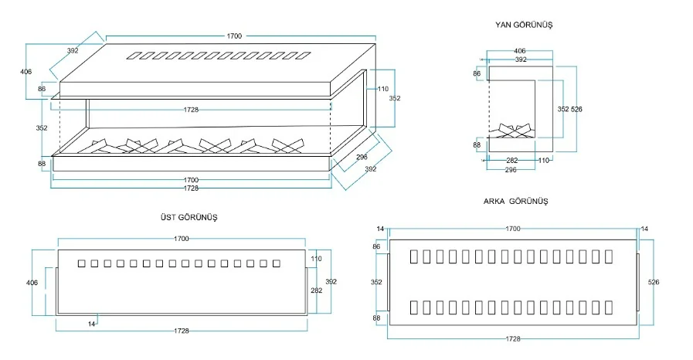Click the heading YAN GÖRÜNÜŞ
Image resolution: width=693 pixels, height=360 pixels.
524,25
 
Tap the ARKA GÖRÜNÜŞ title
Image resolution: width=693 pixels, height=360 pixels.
515,202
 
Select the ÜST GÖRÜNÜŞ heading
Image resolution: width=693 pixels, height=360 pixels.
189,217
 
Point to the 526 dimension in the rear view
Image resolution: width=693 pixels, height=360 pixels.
654,282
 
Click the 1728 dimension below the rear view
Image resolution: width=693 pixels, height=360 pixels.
513,339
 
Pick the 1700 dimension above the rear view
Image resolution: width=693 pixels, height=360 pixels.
513,229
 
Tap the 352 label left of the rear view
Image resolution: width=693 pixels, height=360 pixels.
376,282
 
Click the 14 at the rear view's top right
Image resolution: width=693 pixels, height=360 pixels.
644,229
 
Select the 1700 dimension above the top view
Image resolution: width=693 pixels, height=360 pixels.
182,239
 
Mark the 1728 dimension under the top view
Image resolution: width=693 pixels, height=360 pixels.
182,331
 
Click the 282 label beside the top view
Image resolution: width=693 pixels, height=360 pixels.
317,290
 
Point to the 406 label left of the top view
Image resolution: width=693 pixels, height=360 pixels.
32,283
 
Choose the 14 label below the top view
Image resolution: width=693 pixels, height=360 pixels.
91,324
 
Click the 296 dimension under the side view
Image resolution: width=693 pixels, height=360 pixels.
511,170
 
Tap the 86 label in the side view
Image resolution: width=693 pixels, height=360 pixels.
477,73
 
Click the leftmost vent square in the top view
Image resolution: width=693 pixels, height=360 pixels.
81,263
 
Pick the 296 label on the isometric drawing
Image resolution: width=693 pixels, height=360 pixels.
362,158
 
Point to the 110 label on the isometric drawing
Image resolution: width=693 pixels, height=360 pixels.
382,89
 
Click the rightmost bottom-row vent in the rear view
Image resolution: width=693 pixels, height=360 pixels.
609,307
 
